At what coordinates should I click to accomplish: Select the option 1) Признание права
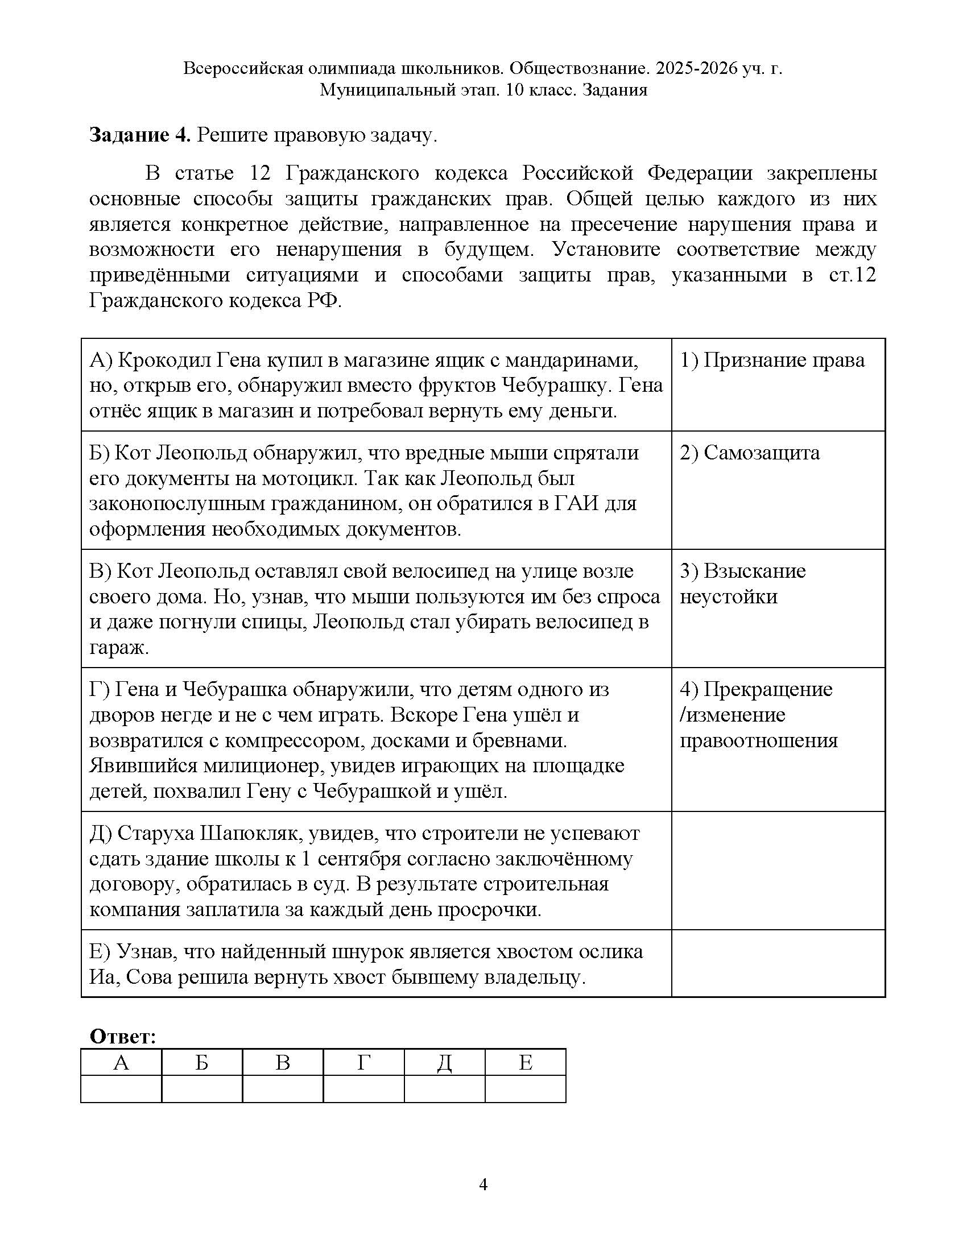772,361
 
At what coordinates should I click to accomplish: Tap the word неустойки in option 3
728,597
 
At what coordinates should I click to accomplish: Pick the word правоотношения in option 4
758,740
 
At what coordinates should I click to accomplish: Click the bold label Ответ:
123,1037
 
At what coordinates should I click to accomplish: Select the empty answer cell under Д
444,1089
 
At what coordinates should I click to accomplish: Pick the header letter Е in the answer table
526,1063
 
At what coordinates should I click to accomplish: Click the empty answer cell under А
121,1089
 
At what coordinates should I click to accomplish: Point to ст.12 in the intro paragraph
853,275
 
